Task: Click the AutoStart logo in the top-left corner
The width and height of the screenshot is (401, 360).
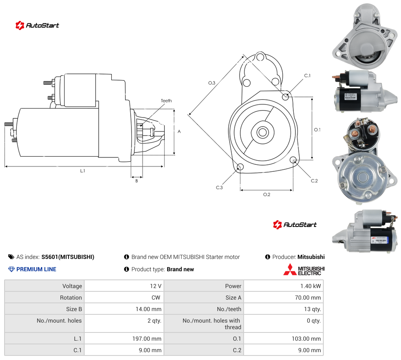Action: pos(37,25)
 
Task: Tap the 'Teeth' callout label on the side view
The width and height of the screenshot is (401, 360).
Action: pos(166,101)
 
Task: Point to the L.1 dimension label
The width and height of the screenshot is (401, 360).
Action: pos(83,171)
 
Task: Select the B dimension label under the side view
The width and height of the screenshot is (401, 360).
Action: pos(136,181)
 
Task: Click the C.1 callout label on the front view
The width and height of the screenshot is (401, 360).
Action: pos(307,76)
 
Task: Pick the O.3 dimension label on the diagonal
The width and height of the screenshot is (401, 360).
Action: pos(212,83)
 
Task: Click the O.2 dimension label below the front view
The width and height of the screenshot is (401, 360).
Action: pos(267,194)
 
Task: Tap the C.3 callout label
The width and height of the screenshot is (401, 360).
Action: pos(219,187)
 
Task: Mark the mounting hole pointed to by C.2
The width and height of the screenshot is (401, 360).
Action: pos(293,160)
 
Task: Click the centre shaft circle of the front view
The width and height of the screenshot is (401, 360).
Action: pos(263,132)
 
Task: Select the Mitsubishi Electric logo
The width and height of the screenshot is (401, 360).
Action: pos(304,270)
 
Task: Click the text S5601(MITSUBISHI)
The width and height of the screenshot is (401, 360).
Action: pos(68,257)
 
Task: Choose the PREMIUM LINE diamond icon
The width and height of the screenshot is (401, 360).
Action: pos(12,269)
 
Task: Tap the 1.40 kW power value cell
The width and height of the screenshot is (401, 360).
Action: pos(283,286)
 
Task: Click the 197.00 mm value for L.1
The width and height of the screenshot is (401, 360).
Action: pos(124,339)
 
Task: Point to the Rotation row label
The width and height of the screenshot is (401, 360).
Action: pos(71,298)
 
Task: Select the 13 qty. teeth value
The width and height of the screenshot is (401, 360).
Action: pos(283,309)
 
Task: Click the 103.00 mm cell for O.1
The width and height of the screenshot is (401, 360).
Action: pos(283,339)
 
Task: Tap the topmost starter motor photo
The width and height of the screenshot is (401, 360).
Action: pos(365,36)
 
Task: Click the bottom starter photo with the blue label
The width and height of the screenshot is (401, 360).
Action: pos(365,231)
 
